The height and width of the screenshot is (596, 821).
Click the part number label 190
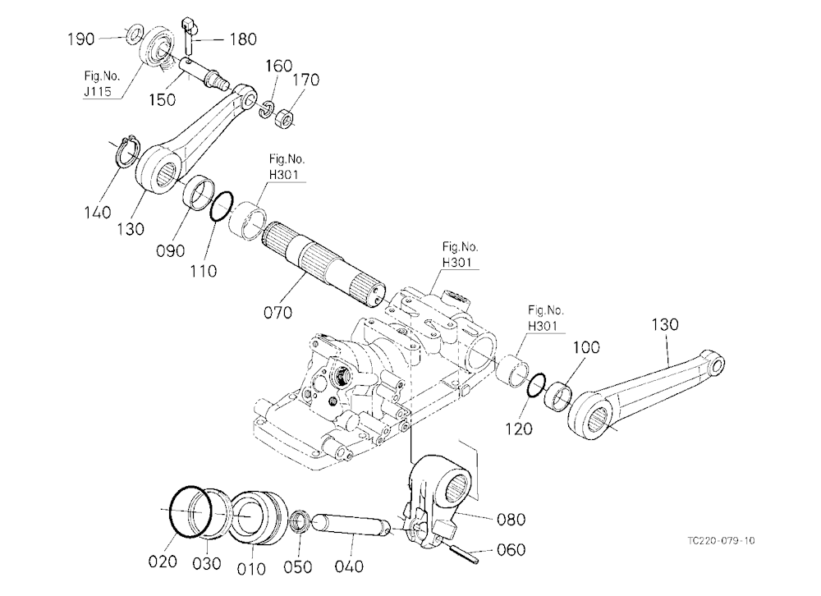tap(81, 39)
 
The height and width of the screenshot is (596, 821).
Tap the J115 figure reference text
tap(98, 91)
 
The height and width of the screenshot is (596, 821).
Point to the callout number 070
tap(278, 313)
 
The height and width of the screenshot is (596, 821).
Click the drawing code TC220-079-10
tap(722, 540)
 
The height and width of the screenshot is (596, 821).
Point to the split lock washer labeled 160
tap(267, 108)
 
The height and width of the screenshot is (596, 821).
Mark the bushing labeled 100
tap(558, 396)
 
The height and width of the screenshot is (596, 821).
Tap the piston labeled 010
tap(259, 517)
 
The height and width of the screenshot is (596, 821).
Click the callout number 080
tap(511, 519)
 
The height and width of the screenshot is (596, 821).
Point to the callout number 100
tap(586, 347)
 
